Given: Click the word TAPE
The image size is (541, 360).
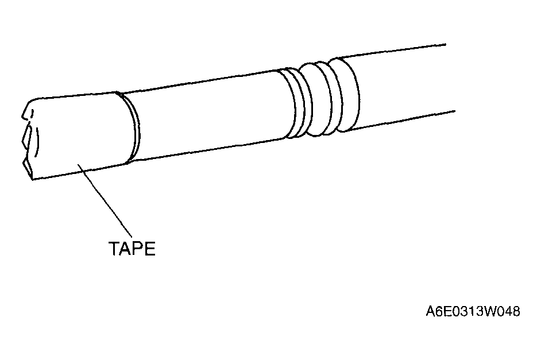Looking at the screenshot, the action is click(x=132, y=248).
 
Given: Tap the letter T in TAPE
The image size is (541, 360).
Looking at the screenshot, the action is click(x=114, y=248).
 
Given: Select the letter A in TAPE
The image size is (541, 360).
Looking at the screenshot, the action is click(x=126, y=248).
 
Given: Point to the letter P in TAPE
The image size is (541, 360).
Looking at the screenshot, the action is click(x=138, y=248).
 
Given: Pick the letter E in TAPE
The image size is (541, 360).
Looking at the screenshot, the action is click(x=150, y=248).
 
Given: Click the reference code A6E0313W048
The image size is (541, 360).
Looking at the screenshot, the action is click(x=473, y=311).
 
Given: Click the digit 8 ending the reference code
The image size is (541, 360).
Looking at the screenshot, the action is click(x=516, y=311).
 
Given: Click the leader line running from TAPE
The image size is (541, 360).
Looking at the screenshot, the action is click(x=105, y=201).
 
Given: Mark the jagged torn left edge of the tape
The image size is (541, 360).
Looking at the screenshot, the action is click(x=28, y=140).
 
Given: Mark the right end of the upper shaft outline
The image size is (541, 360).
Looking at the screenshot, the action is click(x=446, y=44).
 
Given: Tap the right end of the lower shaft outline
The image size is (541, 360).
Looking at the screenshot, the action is click(x=455, y=111).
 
